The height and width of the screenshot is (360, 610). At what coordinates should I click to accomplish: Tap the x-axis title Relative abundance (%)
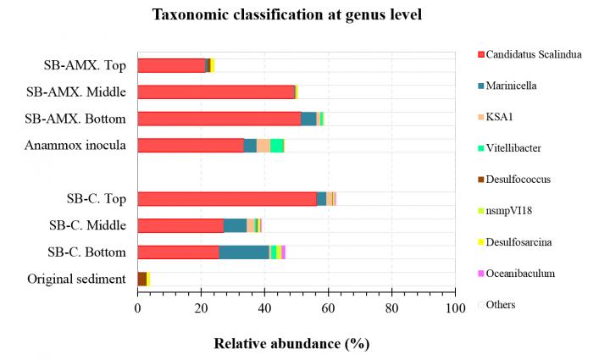291,344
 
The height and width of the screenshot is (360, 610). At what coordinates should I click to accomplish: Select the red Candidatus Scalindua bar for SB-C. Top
226,198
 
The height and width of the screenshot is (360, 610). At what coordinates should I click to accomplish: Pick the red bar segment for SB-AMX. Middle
216,91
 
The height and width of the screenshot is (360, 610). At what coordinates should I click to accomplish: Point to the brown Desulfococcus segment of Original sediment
141,278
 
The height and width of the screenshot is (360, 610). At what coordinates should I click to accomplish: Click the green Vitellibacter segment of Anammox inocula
277,145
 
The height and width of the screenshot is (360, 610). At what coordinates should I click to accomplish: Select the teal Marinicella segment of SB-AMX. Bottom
308,119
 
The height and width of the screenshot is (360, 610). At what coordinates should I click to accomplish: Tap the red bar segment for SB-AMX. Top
171,65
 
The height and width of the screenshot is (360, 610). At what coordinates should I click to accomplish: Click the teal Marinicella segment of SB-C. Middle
235,224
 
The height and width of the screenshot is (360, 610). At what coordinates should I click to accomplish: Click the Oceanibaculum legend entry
527,273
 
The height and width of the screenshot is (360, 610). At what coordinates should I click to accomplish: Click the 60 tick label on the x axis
328,309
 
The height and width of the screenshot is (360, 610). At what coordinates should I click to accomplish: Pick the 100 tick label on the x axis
455,309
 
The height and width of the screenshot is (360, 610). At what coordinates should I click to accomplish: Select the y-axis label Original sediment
76,278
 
